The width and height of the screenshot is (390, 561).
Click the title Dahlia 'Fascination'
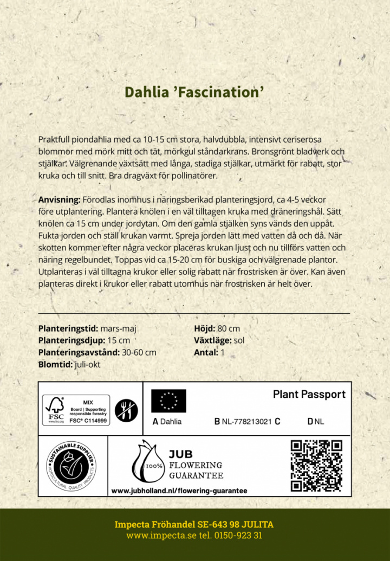(194, 92)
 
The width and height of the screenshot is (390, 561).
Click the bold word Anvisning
(59, 199)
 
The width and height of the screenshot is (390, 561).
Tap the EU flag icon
(168, 401)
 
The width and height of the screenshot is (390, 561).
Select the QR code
(317, 466)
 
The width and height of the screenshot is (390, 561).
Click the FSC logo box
(76, 410)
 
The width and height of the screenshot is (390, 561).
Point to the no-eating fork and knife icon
(127, 410)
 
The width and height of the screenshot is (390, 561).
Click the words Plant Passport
(309, 394)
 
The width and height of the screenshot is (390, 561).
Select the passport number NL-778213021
(246, 422)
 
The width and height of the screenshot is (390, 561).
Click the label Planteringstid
(68, 328)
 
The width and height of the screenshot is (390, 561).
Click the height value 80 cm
(229, 328)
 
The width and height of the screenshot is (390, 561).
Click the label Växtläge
(212, 340)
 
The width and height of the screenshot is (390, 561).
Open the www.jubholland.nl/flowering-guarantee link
(179, 491)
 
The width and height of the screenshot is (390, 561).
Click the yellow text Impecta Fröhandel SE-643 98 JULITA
(194, 524)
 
